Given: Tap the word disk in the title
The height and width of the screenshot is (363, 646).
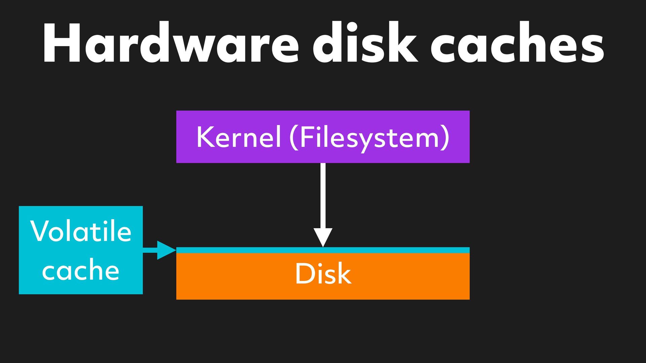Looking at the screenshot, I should coord(365,43).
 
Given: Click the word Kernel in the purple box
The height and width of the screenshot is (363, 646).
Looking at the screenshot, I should coord(239,137).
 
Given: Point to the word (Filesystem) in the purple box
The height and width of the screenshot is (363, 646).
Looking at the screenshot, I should coord(369,137).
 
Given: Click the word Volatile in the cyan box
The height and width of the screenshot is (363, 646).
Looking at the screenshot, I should coord(81,231).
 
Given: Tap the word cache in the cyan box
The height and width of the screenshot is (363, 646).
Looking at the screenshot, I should coord(81,271).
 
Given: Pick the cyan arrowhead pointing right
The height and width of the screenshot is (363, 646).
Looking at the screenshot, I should coord(166,250).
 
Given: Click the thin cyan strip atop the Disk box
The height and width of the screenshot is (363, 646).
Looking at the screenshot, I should coord(387,250).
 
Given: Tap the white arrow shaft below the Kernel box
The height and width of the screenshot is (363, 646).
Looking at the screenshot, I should coord(323,195).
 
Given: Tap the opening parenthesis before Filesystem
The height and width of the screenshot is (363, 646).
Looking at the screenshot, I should coord(294,137).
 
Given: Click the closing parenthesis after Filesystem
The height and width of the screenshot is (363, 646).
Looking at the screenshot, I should coord(445,137).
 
